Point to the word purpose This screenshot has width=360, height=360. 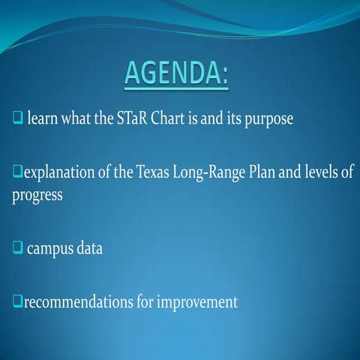(x=267, y=120)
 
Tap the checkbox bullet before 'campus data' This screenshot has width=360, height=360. (x=17, y=248)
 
